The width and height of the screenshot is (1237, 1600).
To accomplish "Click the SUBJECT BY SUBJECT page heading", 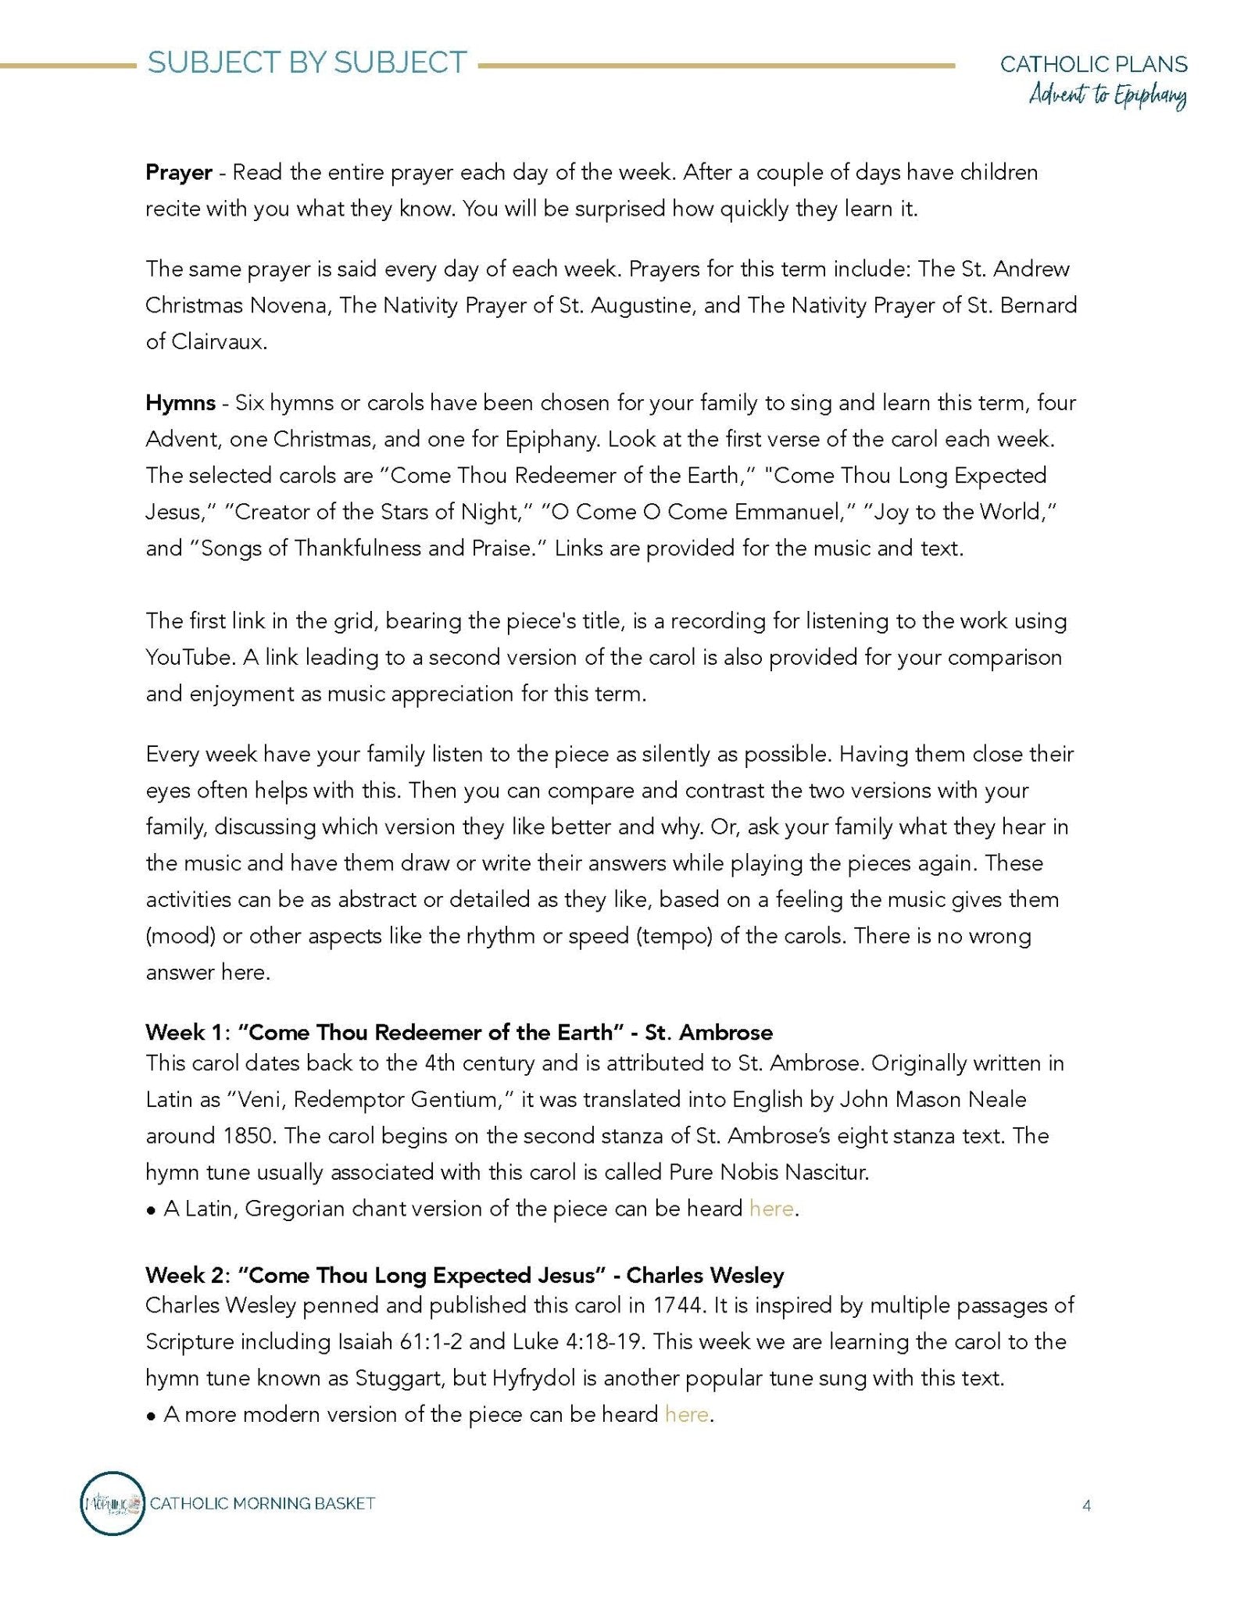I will [307, 63].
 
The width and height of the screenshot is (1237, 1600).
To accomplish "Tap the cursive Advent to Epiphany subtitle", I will [1107, 97].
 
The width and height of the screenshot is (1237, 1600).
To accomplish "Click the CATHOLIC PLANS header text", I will [1093, 64].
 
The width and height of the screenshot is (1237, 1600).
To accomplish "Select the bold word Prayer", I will [179, 173].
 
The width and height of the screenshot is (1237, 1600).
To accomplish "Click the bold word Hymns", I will [181, 403].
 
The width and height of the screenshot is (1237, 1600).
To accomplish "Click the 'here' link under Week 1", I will [771, 1209].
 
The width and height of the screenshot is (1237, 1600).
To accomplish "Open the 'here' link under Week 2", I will [687, 1414].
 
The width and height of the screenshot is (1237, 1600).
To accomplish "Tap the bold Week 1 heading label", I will [185, 1033].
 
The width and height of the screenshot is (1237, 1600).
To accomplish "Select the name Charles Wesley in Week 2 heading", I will [705, 1276].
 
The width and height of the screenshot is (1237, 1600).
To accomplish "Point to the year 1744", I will [679, 1305].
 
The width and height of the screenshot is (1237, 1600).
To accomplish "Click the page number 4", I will [1086, 1505].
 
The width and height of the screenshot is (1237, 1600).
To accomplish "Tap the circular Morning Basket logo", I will [113, 1503].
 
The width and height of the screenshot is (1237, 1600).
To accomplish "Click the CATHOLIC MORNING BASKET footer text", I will [263, 1503].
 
